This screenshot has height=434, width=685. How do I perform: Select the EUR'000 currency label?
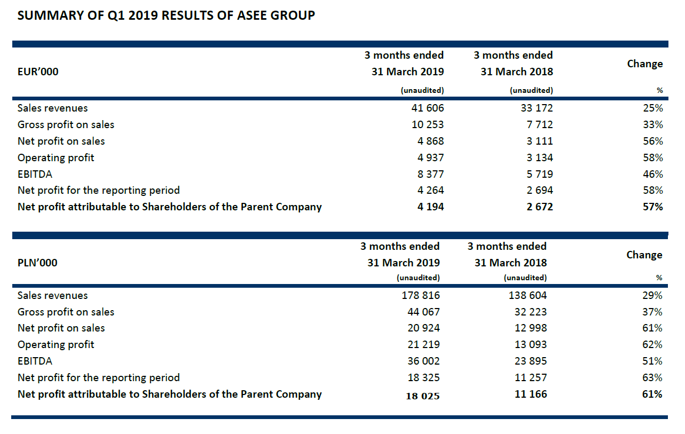(38, 72)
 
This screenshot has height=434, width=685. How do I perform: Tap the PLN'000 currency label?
(37, 263)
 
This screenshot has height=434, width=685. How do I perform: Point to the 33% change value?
(652, 124)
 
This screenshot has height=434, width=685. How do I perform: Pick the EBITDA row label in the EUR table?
(35, 174)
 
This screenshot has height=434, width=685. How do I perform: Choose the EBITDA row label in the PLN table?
(35, 361)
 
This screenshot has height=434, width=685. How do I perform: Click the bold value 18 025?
(423, 396)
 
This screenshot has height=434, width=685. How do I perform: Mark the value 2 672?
(539, 207)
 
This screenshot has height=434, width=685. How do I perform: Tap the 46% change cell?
(652, 174)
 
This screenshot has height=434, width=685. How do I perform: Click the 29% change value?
(652, 295)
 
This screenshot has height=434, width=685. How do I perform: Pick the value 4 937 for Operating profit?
(431, 157)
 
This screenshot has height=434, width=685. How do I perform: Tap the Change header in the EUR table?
(644, 64)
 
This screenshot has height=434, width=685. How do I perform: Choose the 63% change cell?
(652, 377)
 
